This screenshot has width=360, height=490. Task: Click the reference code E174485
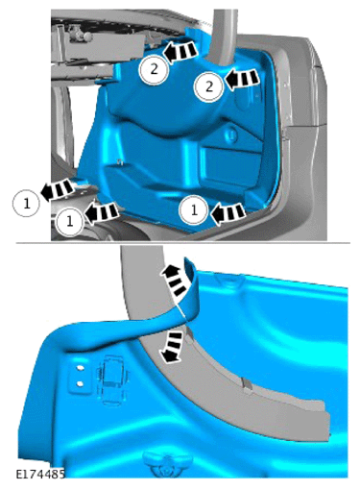(40, 474)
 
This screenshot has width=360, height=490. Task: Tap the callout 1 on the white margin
(26, 203)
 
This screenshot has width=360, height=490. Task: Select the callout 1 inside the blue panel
(194, 210)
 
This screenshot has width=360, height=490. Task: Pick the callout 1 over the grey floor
(69, 221)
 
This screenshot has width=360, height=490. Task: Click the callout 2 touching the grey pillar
(209, 86)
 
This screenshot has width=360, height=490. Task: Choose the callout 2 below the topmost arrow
(154, 69)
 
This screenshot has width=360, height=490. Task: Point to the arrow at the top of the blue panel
(180, 51)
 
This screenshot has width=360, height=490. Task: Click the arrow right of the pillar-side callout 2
(242, 78)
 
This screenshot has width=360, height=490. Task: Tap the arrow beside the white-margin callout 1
(57, 189)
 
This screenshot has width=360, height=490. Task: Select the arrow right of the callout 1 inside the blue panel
(228, 213)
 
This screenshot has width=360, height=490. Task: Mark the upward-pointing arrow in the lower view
(175, 279)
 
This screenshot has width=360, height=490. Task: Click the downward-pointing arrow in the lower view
(171, 348)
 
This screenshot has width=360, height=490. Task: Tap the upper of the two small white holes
(80, 368)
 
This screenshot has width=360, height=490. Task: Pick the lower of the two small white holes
(80, 383)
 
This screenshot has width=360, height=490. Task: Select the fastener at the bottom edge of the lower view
(167, 464)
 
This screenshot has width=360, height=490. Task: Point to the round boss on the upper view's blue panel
(231, 134)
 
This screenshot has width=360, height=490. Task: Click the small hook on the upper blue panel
(120, 161)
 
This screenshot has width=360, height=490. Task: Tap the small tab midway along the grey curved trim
(247, 384)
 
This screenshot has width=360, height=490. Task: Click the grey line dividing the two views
(183, 243)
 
